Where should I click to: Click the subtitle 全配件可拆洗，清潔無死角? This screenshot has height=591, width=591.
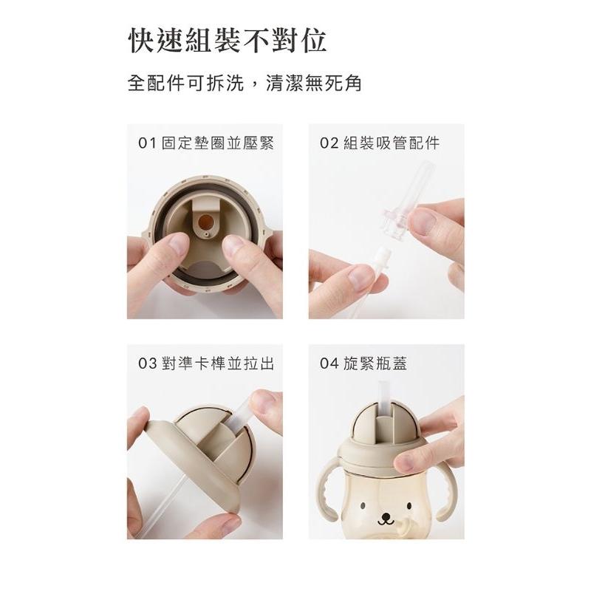pyautogui.click(x=245, y=83)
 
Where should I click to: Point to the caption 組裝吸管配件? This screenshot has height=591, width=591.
pyautogui.click(x=392, y=143)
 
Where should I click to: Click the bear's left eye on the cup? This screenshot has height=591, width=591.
pyautogui.click(x=364, y=508)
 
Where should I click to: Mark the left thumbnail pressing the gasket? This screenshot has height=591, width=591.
pyautogui.click(x=178, y=243)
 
